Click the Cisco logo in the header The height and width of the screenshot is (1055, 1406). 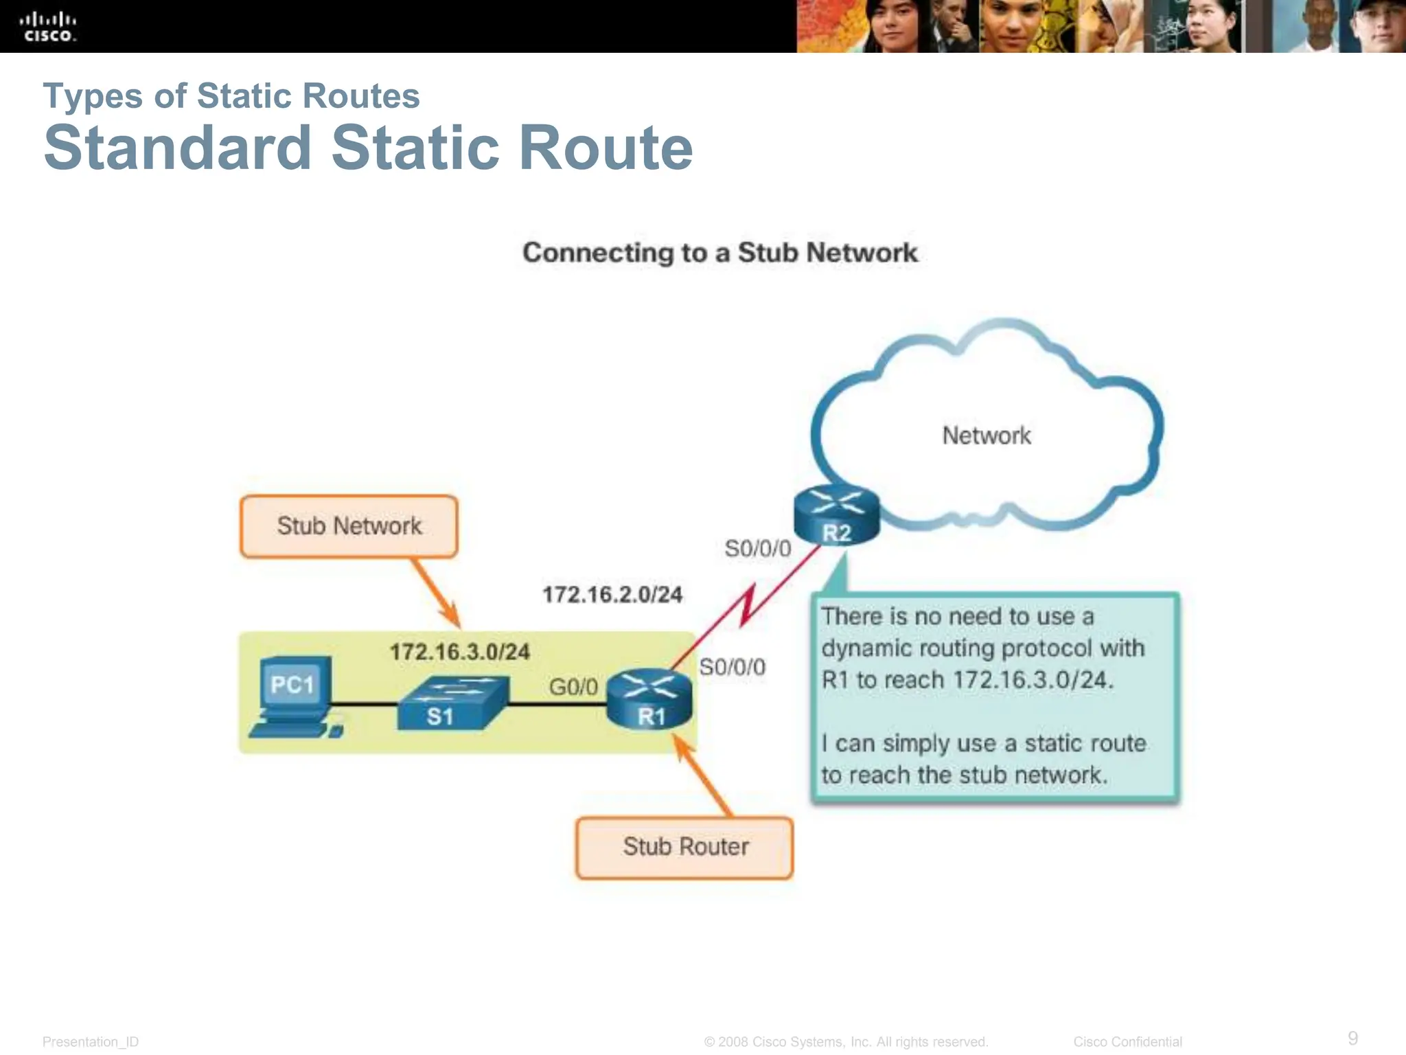click(48, 27)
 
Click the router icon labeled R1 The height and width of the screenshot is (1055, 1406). click(649, 699)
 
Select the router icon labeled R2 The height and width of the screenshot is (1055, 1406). click(836, 515)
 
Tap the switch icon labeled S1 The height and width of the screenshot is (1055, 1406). click(453, 702)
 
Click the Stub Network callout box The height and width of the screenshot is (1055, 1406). click(349, 526)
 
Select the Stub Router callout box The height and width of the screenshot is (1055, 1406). click(684, 847)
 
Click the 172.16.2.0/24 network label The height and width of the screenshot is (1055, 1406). click(612, 594)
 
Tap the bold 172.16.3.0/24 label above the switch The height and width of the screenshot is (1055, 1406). click(460, 651)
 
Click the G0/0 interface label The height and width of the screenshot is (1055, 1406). click(573, 686)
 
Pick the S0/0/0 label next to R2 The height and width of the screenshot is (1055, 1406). click(758, 548)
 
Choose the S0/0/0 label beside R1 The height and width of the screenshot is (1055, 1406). click(732, 667)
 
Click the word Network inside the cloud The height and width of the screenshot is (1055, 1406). click(986, 435)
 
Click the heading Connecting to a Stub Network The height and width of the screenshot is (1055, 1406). click(719, 253)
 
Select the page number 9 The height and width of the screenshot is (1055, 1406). click(1352, 1037)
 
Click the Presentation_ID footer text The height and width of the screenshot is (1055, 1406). click(91, 1041)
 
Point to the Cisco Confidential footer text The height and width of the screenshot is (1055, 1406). click(1127, 1041)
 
